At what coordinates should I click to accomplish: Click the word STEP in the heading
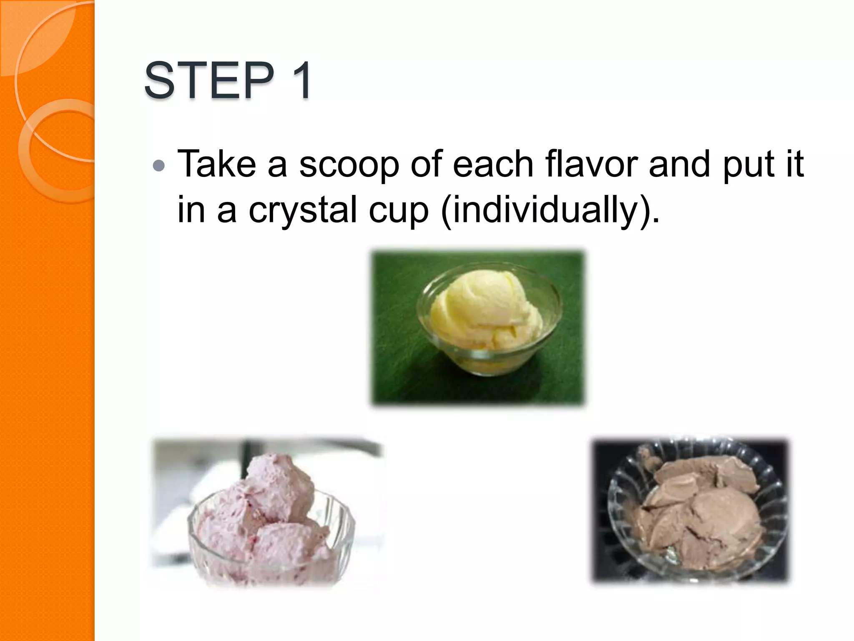point(208,80)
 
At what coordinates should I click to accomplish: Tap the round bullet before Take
point(159,166)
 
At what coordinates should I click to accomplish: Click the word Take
point(216,164)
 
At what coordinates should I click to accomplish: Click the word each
point(493,164)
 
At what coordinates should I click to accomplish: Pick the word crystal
point(303,210)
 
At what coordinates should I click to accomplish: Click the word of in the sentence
point(426,164)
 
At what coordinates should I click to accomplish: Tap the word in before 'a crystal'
point(191,210)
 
